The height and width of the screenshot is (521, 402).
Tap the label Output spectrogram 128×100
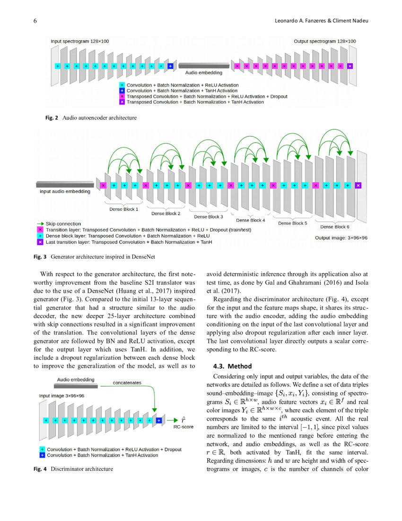coord(324,42)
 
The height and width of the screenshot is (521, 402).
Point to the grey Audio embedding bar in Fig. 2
coord(203,66)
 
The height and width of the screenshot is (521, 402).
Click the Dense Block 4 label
coord(251,220)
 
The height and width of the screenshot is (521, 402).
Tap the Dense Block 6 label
coord(334,226)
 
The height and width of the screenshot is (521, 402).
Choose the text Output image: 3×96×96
coord(341,238)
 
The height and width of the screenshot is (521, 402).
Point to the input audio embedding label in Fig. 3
coord(64,191)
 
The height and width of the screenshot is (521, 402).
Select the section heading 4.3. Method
coord(227,366)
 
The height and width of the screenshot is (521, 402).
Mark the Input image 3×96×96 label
coord(61,395)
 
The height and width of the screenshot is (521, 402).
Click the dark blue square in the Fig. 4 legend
coord(42,455)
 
